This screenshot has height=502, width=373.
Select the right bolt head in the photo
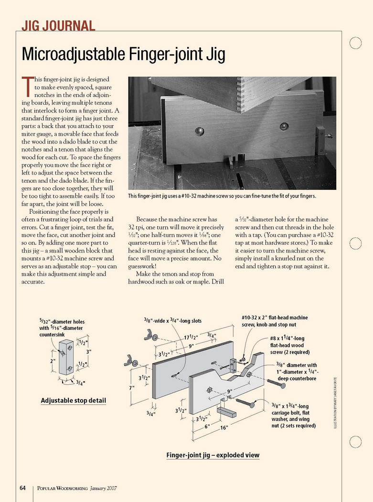click(284, 126)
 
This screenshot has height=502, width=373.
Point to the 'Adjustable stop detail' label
click(74, 400)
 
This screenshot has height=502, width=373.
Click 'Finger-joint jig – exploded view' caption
click(213, 455)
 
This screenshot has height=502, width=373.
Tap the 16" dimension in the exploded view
click(224, 428)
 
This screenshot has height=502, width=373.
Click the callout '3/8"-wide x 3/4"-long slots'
click(172, 321)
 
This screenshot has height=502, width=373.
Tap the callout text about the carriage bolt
click(293, 415)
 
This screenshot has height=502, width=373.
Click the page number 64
click(22, 488)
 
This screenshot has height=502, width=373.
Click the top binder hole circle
click(355, 43)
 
